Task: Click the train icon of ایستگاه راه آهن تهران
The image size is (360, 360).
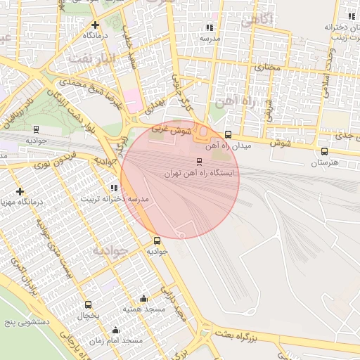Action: click(199, 162)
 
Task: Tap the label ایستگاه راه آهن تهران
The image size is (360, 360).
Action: click(201, 173)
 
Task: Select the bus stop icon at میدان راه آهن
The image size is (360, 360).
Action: click(227, 134)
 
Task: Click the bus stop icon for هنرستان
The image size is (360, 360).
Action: click(324, 151)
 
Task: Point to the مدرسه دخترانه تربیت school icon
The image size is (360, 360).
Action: click(114, 188)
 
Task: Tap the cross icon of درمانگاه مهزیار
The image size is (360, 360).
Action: click(20, 191)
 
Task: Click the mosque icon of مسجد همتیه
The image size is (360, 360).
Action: click(144, 298)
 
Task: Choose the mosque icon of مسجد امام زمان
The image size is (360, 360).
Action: click(115, 330)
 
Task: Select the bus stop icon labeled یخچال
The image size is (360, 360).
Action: click(88, 304)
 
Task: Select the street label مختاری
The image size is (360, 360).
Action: click(266, 67)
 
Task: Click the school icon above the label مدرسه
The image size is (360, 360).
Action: click(208, 27)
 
